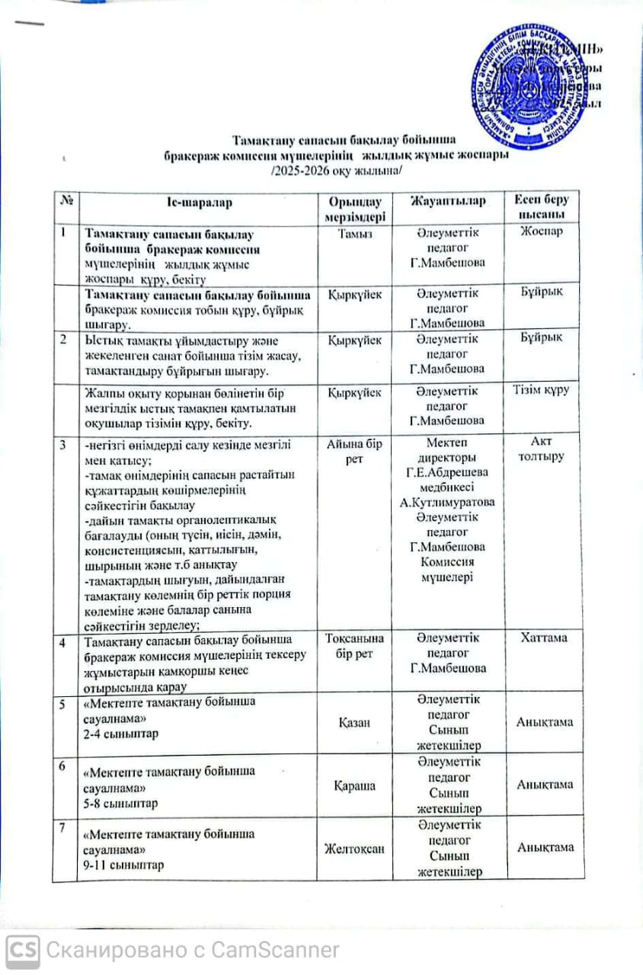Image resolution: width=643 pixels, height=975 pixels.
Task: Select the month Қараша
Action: point(356,785)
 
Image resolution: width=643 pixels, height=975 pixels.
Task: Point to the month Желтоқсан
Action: point(356,848)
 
